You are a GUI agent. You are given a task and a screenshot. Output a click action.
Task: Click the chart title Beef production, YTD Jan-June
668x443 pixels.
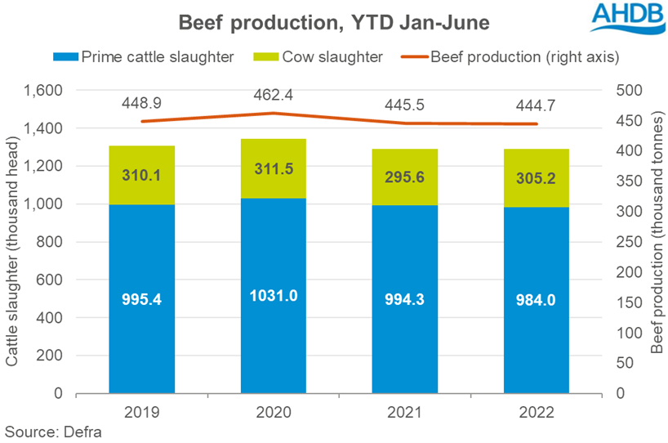point(333,23)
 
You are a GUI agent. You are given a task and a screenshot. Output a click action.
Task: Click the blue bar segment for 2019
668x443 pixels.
point(141,298)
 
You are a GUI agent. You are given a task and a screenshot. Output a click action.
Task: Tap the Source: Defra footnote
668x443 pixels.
point(53,431)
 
